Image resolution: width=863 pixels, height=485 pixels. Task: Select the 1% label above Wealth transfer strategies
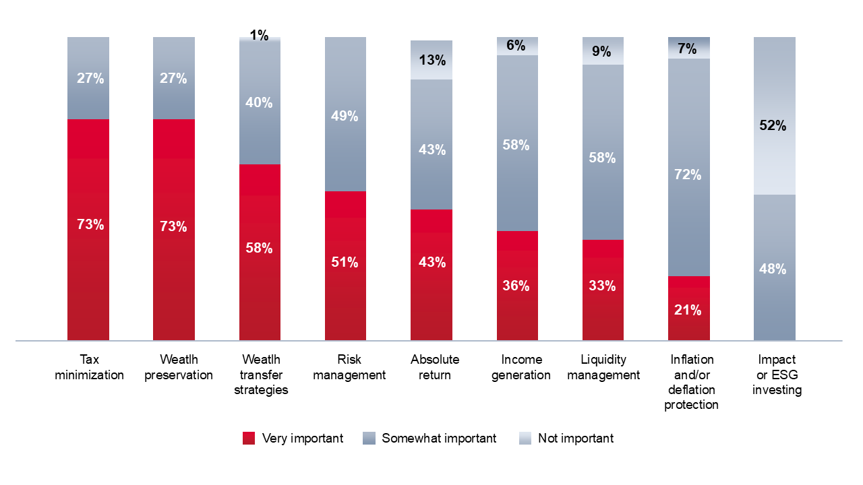(x=259, y=36)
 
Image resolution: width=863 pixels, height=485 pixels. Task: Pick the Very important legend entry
(x=293, y=439)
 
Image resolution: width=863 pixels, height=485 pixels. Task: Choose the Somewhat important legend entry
(x=429, y=439)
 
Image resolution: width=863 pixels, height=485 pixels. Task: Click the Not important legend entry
(x=566, y=439)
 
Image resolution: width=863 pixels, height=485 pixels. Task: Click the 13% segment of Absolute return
(x=431, y=60)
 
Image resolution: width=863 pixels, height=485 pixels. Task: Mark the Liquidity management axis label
(x=603, y=367)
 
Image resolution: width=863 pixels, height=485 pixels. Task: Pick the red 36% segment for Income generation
(x=517, y=286)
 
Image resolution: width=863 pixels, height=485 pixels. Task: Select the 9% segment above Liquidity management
(x=603, y=51)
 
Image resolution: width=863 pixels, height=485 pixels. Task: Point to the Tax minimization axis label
(x=89, y=367)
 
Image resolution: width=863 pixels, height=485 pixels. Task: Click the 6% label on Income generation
(x=516, y=45)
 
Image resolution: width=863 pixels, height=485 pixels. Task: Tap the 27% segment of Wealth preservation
(x=174, y=78)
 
